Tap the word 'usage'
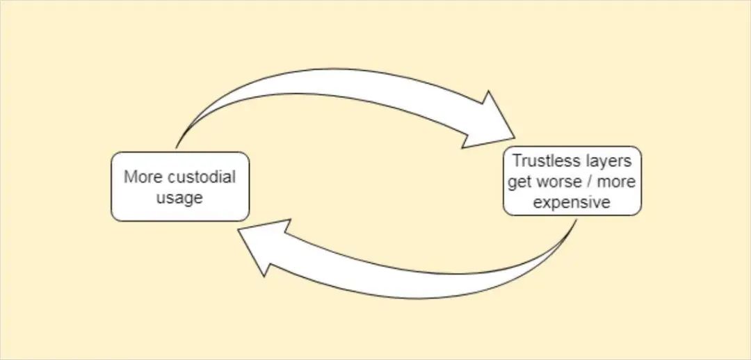coord(179,197)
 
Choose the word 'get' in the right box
coord(519,181)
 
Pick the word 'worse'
coord(556,181)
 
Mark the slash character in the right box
coord(588,181)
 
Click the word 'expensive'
coord(572,202)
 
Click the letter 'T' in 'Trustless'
coord(517,161)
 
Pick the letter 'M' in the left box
coord(129,177)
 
